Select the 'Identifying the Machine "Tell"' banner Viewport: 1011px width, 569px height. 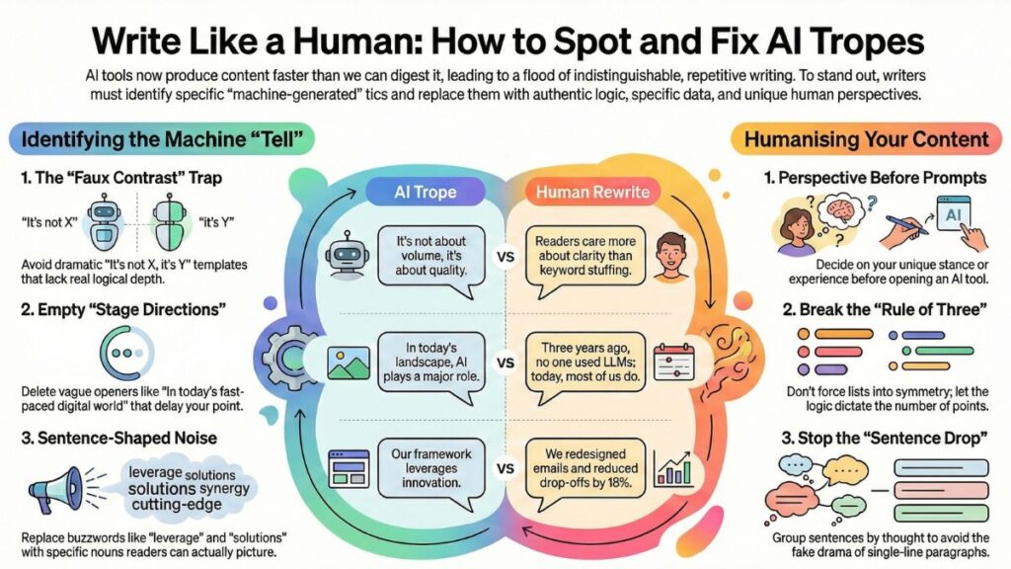pyautogui.click(x=159, y=138)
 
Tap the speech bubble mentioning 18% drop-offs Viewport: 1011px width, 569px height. pyautogui.click(x=587, y=466)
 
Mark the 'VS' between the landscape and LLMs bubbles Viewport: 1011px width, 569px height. pyautogui.click(x=506, y=363)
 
